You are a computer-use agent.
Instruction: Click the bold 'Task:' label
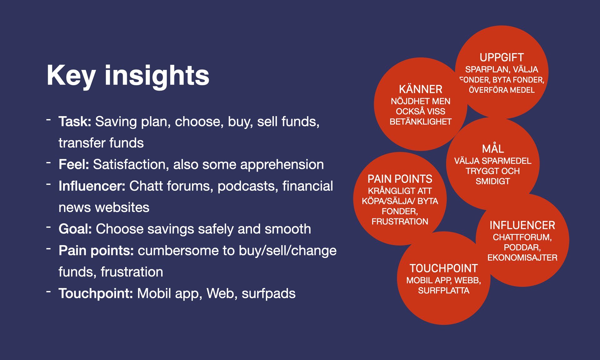click(x=75, y=122)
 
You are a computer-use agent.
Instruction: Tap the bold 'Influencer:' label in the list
click(x=92, y=186)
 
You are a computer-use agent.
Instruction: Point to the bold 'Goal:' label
click(x=75, y=229)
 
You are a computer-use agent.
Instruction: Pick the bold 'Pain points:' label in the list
click(x=96, y=251)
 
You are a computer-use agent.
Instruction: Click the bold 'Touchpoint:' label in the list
click(x=96, y=293)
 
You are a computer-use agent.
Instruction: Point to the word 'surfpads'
click(x=268, y=294)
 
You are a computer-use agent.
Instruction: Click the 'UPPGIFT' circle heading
click(x=502, y=57)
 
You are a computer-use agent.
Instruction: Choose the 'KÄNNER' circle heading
click(x=421, y=89)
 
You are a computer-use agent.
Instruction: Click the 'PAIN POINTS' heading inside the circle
click(x=400, y=179)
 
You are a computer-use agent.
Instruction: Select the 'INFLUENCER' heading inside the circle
click(x=522, y=225)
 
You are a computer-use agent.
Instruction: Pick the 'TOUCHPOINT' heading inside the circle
click(x=444, y=268)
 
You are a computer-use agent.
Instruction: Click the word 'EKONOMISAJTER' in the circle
click(x=522, y=257)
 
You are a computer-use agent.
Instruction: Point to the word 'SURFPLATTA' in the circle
click(x=444, y=291)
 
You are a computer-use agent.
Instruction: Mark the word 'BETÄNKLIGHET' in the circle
click(x=421, y=122)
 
